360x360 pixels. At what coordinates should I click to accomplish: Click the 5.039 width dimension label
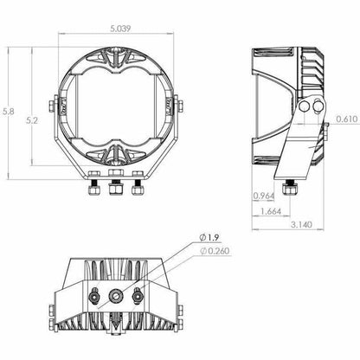tap(120, 27)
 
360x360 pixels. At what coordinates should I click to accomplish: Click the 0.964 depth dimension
tap(266, 196)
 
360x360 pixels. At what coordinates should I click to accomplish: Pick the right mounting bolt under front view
tap(135, 185)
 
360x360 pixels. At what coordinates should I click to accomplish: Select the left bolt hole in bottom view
tap(94, 297)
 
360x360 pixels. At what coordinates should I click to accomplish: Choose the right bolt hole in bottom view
tap(137, 297)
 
